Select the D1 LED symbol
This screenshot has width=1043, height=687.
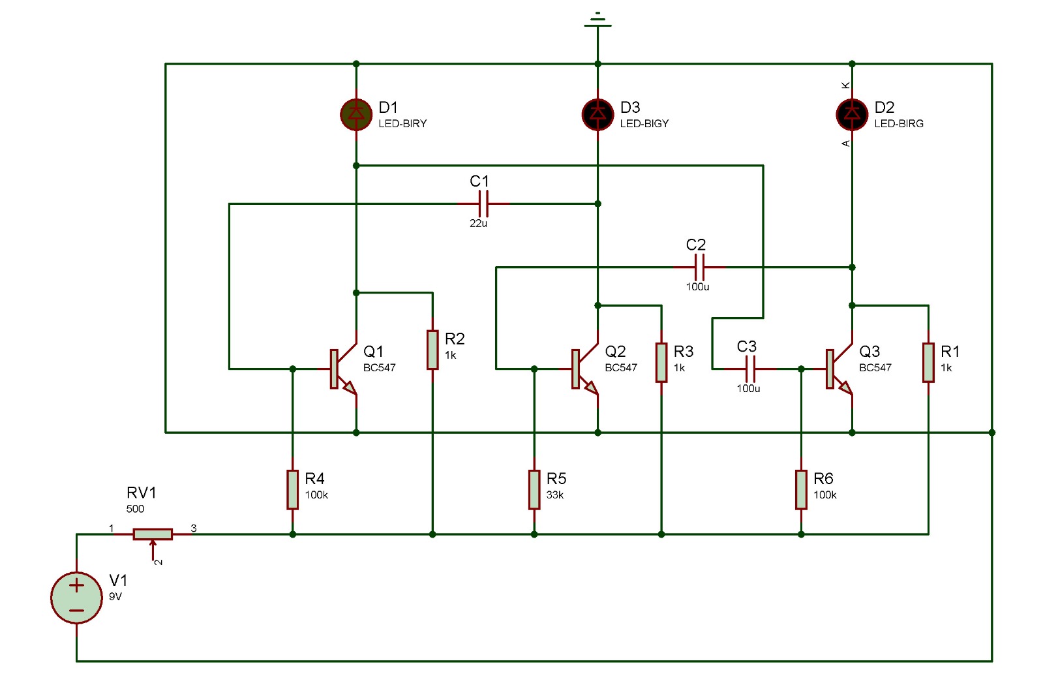coord(356,114)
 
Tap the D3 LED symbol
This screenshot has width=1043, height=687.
coord(597,114)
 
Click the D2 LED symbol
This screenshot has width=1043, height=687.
coord(852,114)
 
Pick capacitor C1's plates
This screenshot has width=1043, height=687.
coord(483,204)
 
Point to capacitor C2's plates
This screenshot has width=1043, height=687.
coord(699,267)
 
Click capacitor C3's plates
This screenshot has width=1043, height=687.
coord(750,369)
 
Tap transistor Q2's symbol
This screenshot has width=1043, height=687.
coord(582,369)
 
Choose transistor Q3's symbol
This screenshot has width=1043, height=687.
coord(837,369)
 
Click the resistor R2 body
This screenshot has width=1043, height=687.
coord(432,350)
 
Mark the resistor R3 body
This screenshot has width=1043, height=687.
coord(661,362)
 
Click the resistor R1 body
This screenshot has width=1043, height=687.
coord(928,362)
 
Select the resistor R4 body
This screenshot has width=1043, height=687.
coord(293,489)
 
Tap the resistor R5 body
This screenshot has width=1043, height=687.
coord(534,489)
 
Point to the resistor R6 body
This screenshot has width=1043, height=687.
coord(801,489)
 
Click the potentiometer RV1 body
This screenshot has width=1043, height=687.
coord(153,534)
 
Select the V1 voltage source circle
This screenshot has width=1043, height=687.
coord(76,598)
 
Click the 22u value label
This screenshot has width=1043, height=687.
coord(478,223)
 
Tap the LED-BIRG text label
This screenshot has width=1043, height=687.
coord(898,123)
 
